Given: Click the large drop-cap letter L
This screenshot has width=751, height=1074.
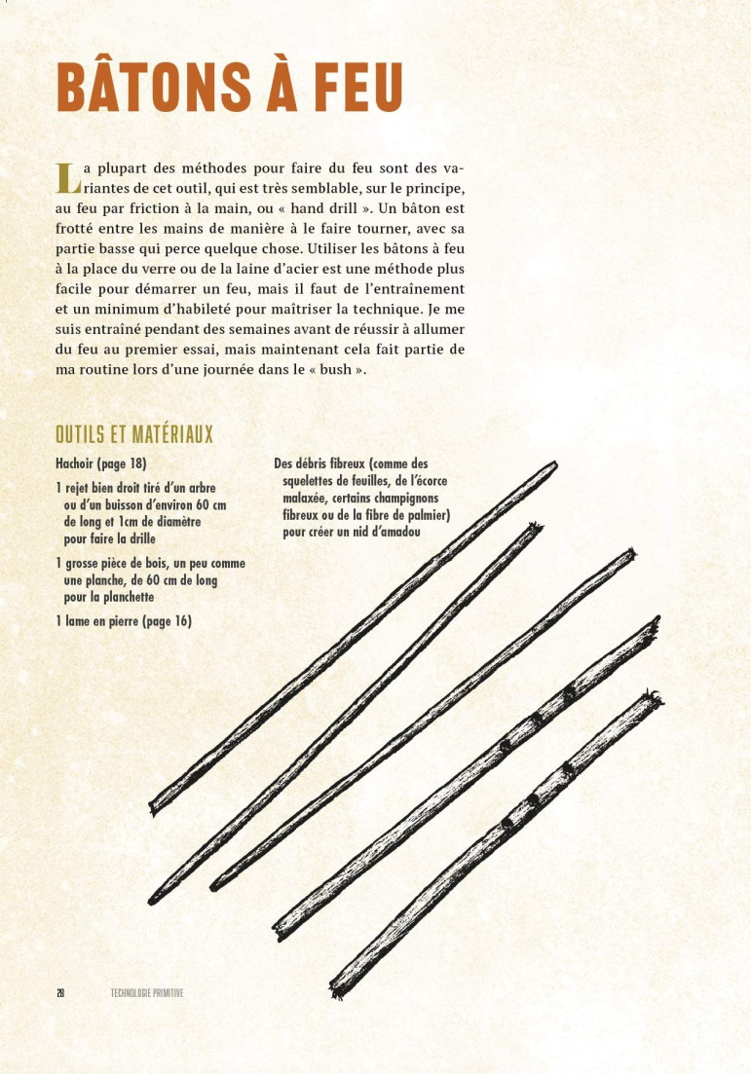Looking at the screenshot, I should [66, 177].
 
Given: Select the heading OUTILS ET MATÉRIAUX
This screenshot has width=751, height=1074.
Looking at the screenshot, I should [134, 433].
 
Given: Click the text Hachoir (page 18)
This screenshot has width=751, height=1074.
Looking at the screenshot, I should [101, 463].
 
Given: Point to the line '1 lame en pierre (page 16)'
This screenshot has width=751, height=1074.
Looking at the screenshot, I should [124, 621].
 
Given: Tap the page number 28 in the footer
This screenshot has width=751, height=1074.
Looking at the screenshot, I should [60, 993].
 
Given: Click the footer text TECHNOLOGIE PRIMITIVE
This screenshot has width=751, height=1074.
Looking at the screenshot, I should [147, 993].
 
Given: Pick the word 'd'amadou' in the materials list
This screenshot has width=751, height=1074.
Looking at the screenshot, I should [382, 533].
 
